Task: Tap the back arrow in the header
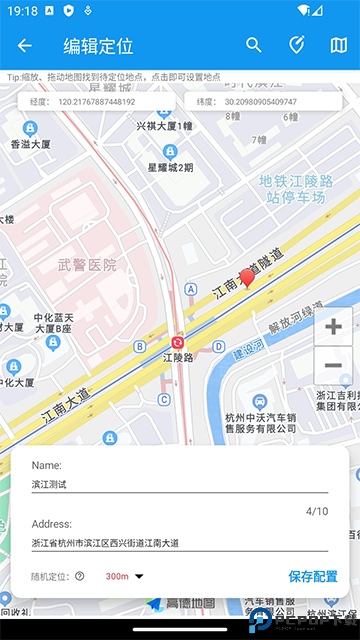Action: tap(25, 45)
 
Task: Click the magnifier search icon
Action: tap(254, 45)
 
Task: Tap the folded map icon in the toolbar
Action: tap(338, 45)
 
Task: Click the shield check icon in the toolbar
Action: tap(296, 45)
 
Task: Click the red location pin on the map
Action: tap(247, 278)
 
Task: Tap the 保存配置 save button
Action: tap(313, 576)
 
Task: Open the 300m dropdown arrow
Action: tap(139, 576)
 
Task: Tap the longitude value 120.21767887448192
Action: tap(97, 101)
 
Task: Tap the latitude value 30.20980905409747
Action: tap(260, 101)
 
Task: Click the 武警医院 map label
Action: tap(86, 265)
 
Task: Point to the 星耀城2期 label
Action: tap(171, 167)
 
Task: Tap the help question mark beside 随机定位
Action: tap(79, 576)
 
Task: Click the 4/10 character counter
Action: tap(316, 511)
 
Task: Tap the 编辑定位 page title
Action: tap(98, 45)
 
